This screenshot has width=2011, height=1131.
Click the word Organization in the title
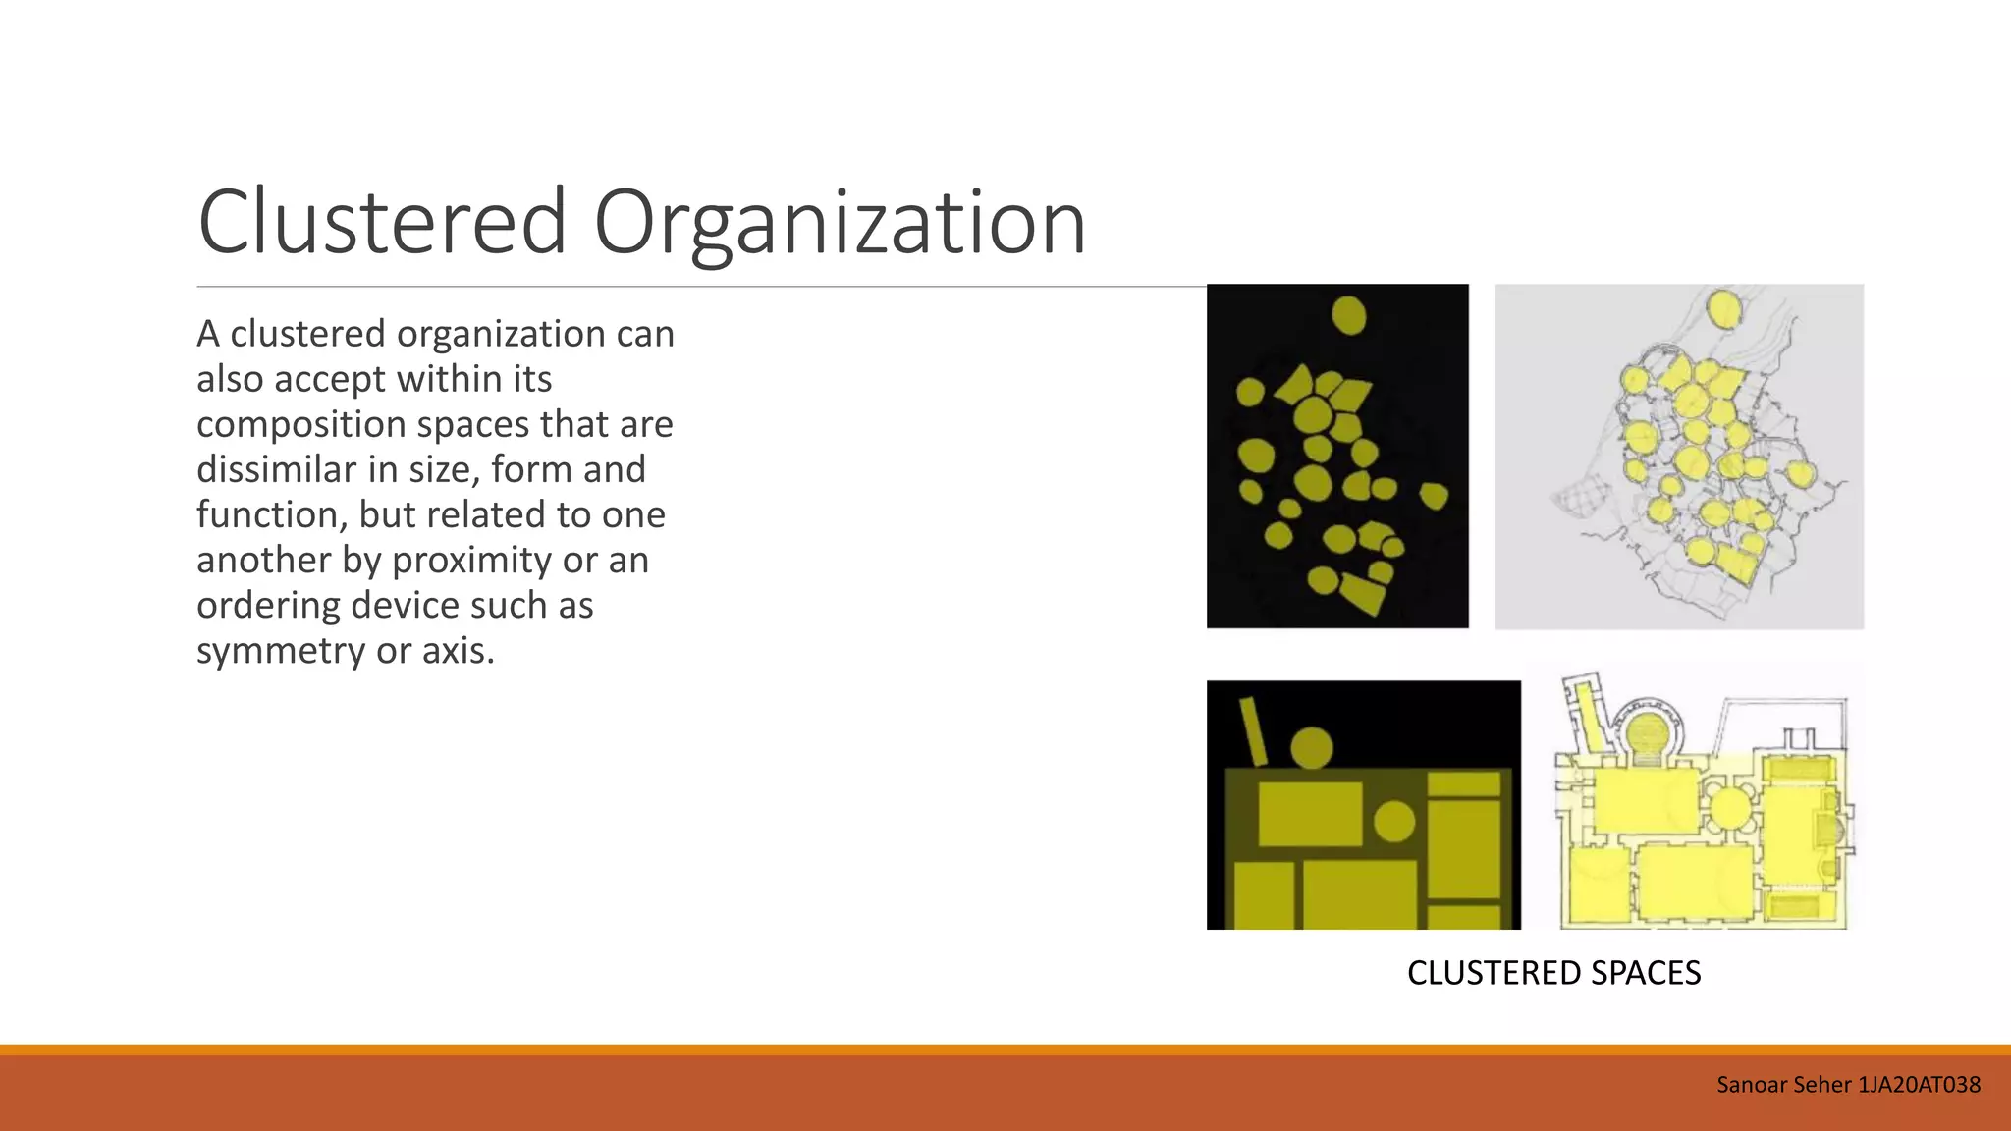[840, 224]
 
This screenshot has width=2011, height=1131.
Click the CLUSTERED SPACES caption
[1553, 973]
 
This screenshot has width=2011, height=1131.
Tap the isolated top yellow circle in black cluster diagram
[1348, 316]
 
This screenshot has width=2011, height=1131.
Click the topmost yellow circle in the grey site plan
[1724, 308]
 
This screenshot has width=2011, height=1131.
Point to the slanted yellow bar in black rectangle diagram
[1253, 730]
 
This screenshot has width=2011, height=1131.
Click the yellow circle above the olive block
[1311, 748]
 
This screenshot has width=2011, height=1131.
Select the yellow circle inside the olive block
[1393, 821]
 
